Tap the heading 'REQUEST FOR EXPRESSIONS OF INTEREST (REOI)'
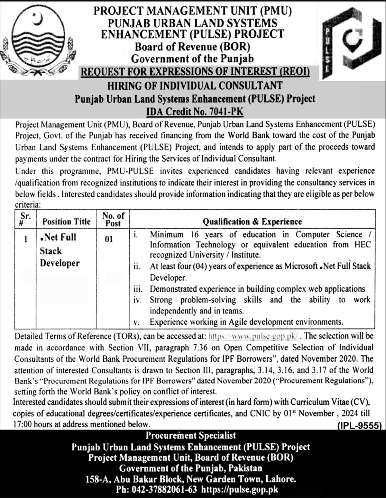[195, 72]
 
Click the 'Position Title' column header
[66, 222]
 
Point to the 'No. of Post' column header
[113, 219]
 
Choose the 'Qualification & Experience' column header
[252, 222]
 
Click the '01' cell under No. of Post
[109, 239]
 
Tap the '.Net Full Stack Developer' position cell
[60, 250]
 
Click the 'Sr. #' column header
[25, 219]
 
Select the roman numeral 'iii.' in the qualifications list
[138, 289]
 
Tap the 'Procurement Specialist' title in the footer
[191, 436]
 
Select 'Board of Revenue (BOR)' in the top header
[192, 47]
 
